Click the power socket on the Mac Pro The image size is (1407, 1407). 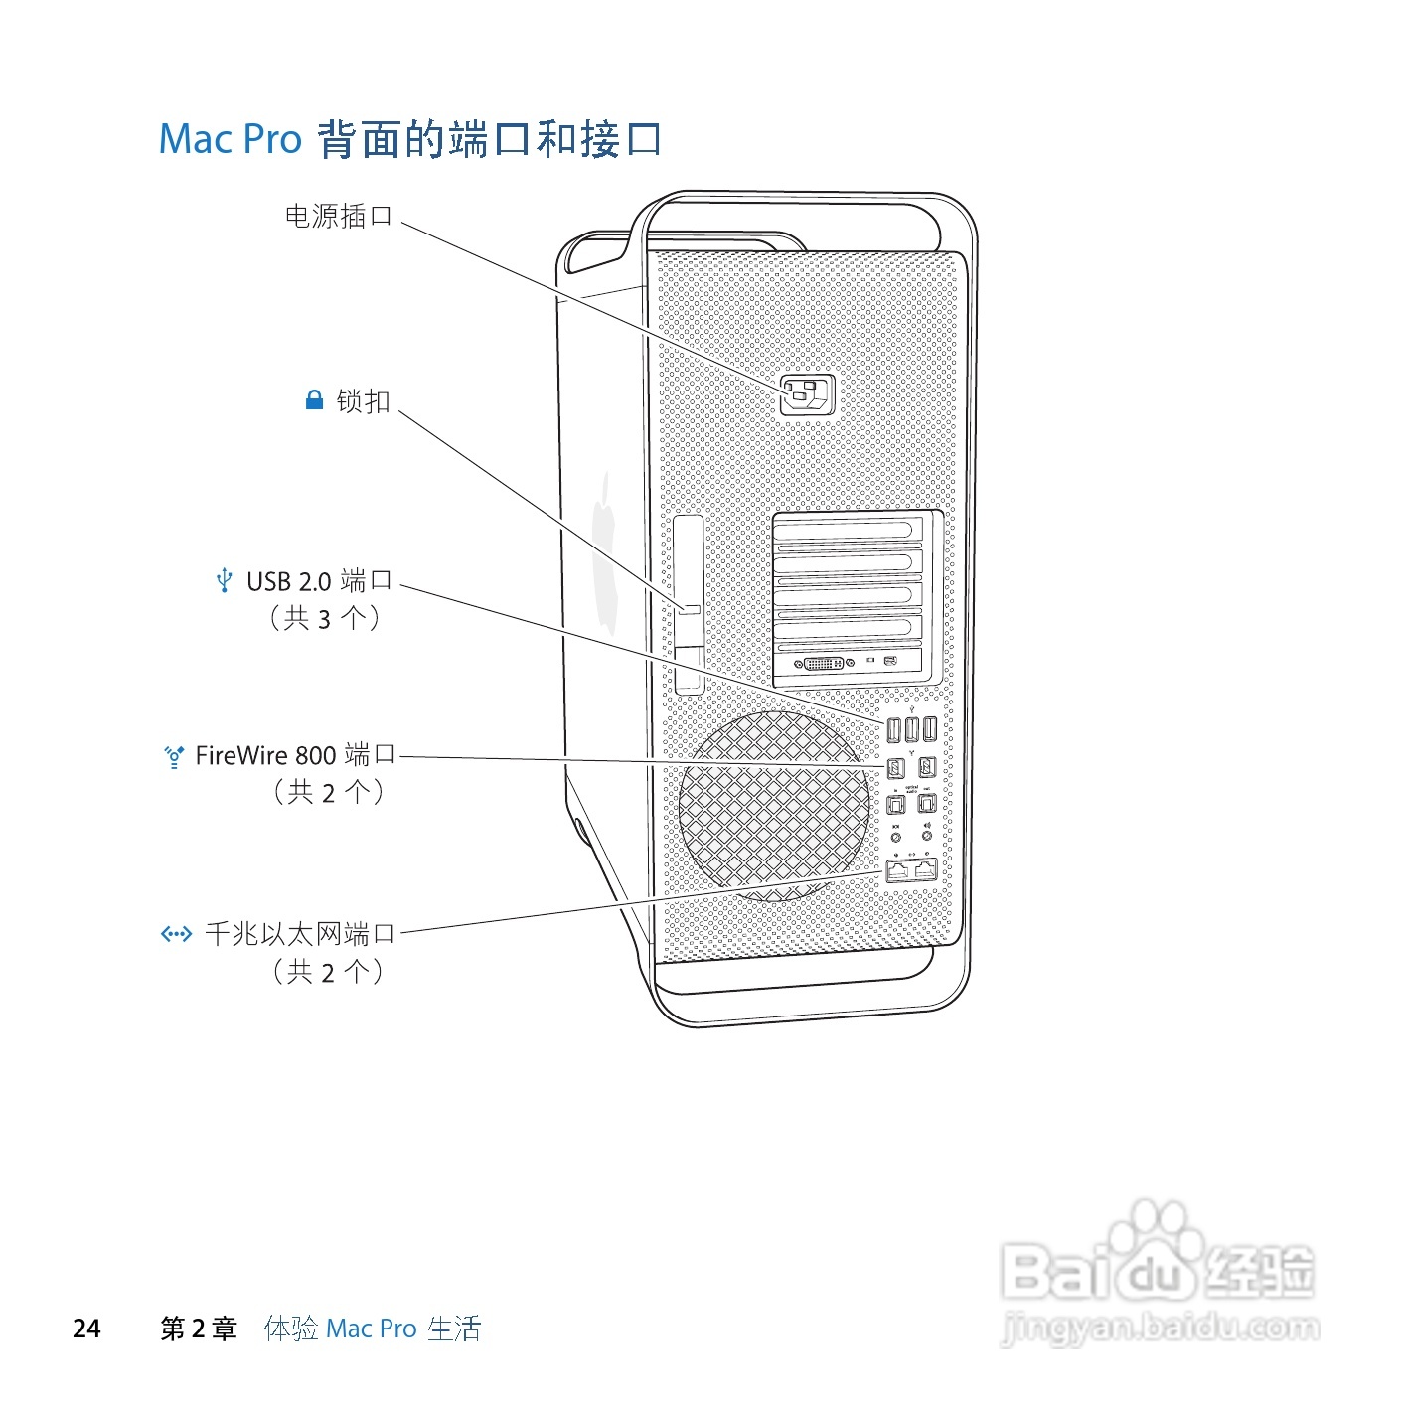[806, 395]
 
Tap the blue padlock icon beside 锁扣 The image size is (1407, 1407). [314, 400]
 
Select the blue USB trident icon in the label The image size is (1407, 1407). [225, 580]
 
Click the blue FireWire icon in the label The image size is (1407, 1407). [174, 757]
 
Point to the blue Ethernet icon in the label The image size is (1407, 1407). [176, 934]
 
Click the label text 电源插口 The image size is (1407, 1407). [339, 216]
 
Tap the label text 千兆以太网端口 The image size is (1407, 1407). [300, 934]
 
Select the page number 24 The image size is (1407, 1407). [86, 1329]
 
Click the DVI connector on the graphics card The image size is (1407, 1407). [823, 663]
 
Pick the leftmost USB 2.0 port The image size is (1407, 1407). [893, 730]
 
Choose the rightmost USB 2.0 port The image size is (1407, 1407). [929, 730]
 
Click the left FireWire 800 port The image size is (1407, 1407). [895, 767]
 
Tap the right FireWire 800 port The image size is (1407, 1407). [927, 767]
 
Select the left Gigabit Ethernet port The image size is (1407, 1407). [898, 870]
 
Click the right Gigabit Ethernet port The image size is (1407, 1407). [925, 870]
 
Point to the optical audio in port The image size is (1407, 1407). [895, 803]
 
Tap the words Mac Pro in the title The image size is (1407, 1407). [230, 139]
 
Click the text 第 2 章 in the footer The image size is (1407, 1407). [199, 1329]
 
